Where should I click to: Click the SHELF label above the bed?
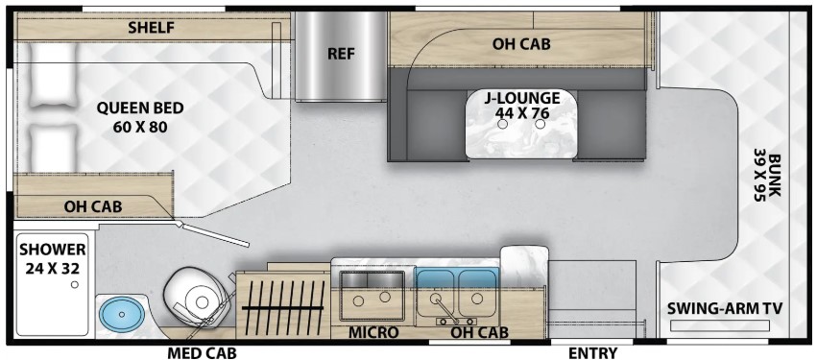(x=151, y=28)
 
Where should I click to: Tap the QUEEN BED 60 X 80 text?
(x=140, y=117)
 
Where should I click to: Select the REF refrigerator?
(x=341, y=56)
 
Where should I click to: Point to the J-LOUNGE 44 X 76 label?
(x=521, y=105)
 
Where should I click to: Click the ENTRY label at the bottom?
(x=593, y=352)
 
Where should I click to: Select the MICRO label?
(x=373, y=332)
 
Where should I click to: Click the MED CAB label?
(x=203, y=352)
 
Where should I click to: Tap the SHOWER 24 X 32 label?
(x=53, y=258)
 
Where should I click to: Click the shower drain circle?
(x=75, y=284)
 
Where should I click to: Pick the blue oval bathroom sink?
(x=122, y=314)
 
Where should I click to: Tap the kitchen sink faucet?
(x=443, y=308)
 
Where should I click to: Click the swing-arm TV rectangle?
(x=720, y=326)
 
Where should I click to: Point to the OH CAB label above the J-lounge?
(x=521, y=44)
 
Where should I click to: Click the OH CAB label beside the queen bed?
(x=93, y=206)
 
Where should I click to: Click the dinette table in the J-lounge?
(x=520, y=124)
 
